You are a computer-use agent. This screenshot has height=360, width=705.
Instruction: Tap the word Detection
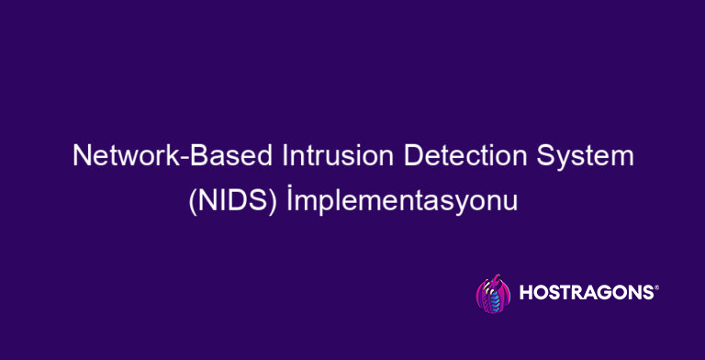click(445, 157)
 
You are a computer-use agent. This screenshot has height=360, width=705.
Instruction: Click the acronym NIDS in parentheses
click(229, 200)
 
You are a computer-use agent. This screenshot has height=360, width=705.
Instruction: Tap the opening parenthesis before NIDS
click(191, 201)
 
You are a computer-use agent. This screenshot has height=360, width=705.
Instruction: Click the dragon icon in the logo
click(491, 294)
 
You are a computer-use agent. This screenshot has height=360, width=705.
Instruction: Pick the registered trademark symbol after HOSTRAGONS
click(655, 287)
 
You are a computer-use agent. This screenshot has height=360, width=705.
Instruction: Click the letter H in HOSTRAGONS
click(526, 294)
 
